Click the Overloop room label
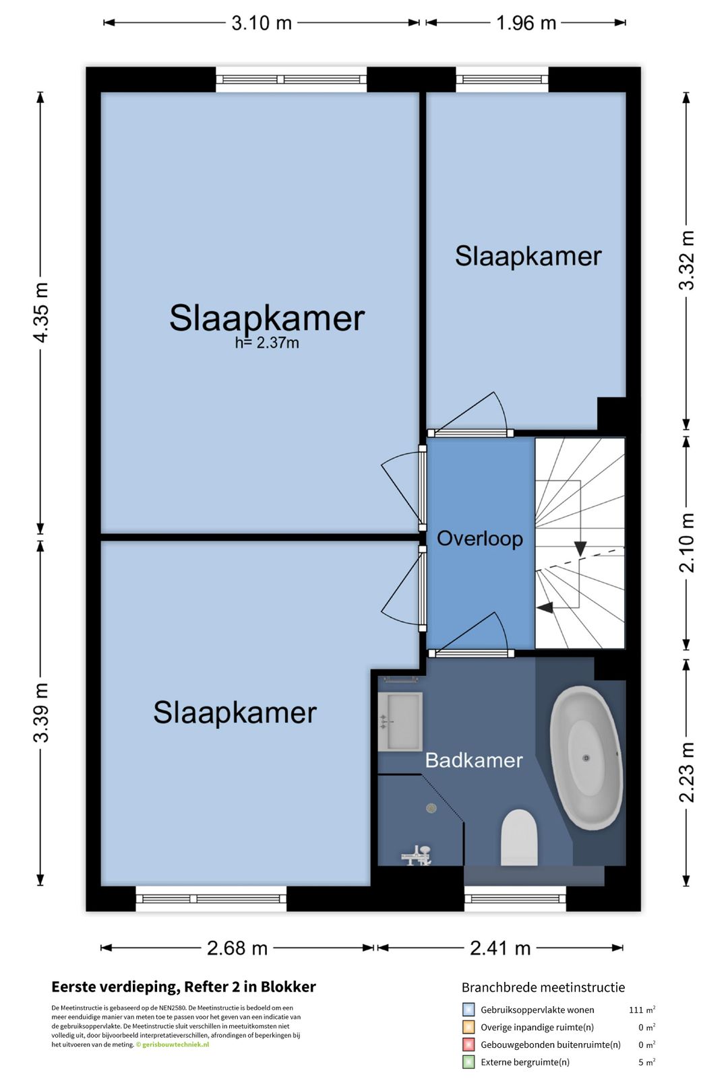click(479, 539)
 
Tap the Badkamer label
click(473, 760)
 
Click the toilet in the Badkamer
click(519, 838)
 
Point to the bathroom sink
click(400, 721)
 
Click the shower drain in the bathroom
click(431, 809)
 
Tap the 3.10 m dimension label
click(262, 24)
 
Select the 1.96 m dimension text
click(526, 24)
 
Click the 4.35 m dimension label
click(41, 312)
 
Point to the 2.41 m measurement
click(499, 948)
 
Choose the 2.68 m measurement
click(237, 948)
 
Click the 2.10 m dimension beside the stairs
click(687, 543)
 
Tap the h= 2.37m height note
click(267, 343)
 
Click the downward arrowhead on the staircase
click(580, 549)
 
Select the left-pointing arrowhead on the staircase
click(545, 607)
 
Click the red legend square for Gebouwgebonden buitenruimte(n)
click(468, 1045)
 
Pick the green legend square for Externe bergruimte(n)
click(468, 1062)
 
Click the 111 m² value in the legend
click(642, 1009)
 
